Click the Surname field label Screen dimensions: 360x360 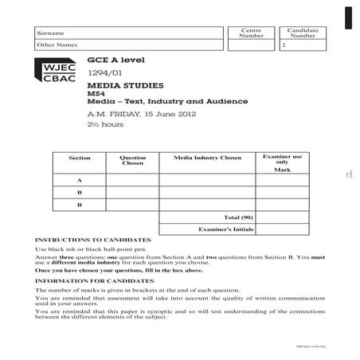point(50,33)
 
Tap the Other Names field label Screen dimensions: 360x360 point(55,45)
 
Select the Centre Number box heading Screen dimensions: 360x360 point(251,33)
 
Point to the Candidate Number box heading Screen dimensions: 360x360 point(303,33)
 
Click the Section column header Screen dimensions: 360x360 point(80,158)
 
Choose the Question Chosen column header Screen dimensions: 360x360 point(132,161)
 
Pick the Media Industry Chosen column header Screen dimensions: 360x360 point(207,158)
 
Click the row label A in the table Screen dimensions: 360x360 point(80,180)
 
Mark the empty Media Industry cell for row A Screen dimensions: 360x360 point(207,180)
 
